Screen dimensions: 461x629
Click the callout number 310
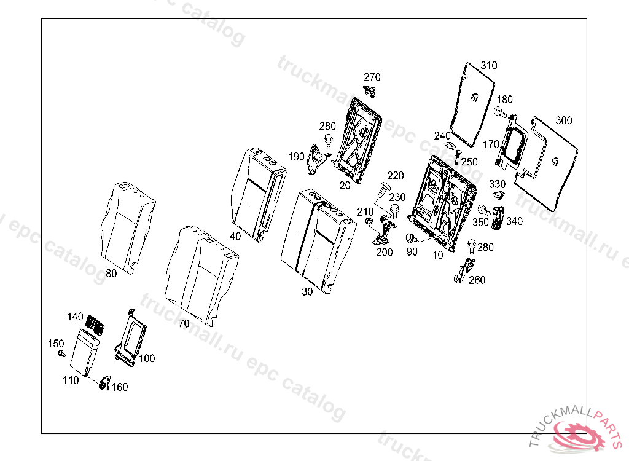pyautogui.click(x=489, y=66)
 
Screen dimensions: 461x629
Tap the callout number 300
pyautogui.click(x=563, y=120)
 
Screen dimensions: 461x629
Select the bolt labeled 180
pyautogui.click(x=499, y=112)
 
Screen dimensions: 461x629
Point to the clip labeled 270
pyautogui.click(x=370, y=92)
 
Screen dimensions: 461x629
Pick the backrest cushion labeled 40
pyautogui.click(x=258, y=194)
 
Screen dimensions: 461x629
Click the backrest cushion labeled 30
pyautogui.click(x=316, y=240)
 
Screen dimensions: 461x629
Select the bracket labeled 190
pyautogui.click(x=316, y=158)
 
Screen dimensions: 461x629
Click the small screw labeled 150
pyautogui.click(x=61, y=353)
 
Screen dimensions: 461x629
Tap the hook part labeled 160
pyautogui.click(x=104, y=384)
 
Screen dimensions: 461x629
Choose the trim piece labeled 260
pyautogui.click(x=465, y=270)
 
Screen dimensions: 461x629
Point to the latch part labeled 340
pyautogui.click(x=499, y=216)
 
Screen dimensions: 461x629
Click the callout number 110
pyautogui.click(x=71, y=380)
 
